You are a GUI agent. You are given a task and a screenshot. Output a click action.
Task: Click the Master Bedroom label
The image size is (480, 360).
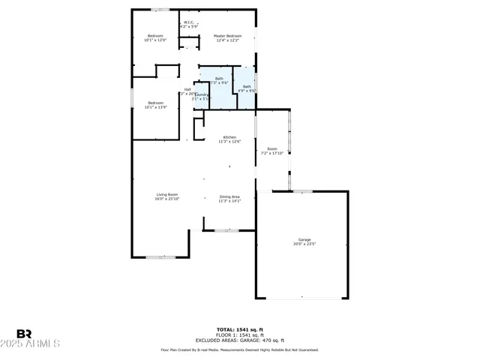coord(227,36)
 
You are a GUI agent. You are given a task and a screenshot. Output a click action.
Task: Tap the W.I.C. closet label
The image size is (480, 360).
coord(189,22)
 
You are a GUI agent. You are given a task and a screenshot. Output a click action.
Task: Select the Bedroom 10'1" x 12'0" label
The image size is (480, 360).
coord(155,36)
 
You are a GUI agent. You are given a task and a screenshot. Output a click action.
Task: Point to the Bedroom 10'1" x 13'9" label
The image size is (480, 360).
coord(155,103)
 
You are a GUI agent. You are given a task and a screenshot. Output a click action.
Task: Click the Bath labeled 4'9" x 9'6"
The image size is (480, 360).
coord(247,87)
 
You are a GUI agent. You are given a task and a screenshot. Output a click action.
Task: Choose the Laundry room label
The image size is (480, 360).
coord(202,94)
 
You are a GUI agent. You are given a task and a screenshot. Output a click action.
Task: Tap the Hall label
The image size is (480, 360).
coord(187,90)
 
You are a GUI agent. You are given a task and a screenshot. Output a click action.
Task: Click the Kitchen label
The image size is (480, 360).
coord(229,137)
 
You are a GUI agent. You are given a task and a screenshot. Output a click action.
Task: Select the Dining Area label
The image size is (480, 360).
coord(229,196)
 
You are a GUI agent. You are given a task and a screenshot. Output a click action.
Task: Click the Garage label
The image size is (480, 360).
coord(304,239)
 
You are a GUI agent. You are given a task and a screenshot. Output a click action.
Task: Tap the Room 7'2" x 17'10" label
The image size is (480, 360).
coord(272,149)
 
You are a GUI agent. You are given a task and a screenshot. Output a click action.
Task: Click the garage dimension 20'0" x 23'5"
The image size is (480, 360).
coord(304,244)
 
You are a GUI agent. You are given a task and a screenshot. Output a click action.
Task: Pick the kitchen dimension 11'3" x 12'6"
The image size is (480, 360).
coord(229,142)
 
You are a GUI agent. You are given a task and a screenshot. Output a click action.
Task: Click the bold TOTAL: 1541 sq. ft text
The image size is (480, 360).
coord(239,329)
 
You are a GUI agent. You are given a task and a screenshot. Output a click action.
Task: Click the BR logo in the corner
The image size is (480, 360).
coord(24,334)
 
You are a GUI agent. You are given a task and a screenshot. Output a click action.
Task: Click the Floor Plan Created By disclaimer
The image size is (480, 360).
coord(239,349)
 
